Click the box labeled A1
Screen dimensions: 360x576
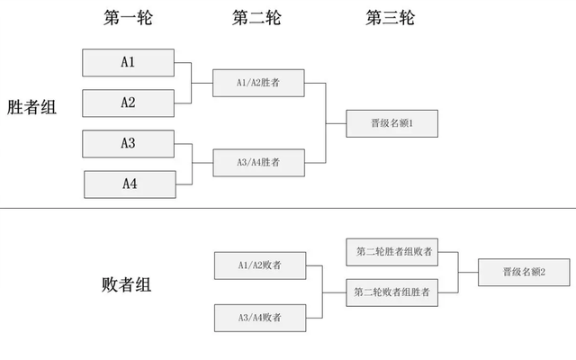pyautogui.click(x=128, y=62)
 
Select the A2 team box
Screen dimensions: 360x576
pyautogui.click(x=128, y=103)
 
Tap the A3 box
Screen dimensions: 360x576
pyautogui.click(x=128, y=144)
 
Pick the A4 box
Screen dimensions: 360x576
pyautogui.click(x=130, y=184)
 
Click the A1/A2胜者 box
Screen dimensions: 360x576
pyautogui.click(x=258, y=83)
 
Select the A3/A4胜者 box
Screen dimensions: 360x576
pyautogui.click(x=258, y=163)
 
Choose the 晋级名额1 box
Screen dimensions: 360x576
pyautogui.click(x=391, y=123)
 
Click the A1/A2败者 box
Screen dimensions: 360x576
pyautogui.click(x=259, y=265)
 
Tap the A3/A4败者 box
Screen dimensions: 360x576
pyautogui.click(x=259, y=318)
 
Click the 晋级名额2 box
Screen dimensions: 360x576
pyautogui.click(x=524, y=272)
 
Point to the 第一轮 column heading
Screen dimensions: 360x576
pyautogui.click(x=128, y=17)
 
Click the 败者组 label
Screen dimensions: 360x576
pyautogui.click(x=126, y=285)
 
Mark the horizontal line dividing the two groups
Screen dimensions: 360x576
pyautogui.click(x=288, y=209)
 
